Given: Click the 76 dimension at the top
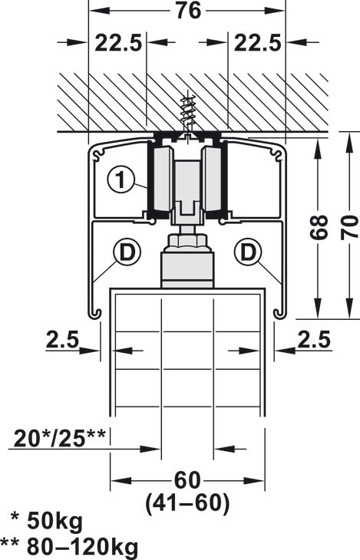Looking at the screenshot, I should [x=187, y=11].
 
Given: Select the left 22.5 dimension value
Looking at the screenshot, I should [x=119, y=44].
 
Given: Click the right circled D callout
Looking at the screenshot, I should [x=249, y=250].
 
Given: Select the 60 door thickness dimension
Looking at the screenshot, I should [x=188, y=480].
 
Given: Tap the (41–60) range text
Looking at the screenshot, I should [x=188, y=503].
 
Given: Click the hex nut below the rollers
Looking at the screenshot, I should [x=187, y=242].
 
